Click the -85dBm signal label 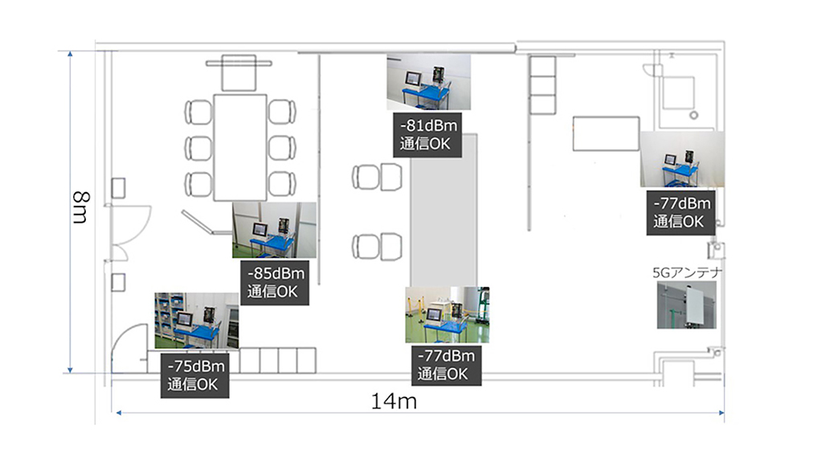(275, 282)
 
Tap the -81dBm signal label (427, 134)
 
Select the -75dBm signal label (195, 375)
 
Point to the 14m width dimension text (394, 401)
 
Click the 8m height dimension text (81, 207)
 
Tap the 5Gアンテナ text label (687, 272)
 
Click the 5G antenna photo (687, 305)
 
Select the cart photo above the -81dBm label (429, 82)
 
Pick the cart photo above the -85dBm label (274, 230)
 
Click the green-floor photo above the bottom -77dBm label (447, 315)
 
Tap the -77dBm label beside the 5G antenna (680, 213)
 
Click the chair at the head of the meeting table (239, 72)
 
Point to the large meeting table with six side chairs (240, 147)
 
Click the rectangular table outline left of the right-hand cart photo (606, 134)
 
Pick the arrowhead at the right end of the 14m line (721, 413)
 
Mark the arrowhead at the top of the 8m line (70, 54)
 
